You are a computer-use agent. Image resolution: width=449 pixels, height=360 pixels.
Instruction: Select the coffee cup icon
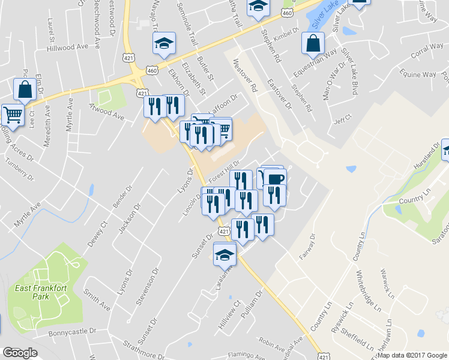[275, 179]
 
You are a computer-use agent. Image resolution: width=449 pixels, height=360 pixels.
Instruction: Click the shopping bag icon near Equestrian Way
[313, 43]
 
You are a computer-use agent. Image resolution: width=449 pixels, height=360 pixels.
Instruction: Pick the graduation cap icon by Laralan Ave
[224, 254]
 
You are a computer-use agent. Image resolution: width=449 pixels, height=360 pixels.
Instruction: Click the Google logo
[20, 352]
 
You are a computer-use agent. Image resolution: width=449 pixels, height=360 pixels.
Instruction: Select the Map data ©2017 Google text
[412, 355]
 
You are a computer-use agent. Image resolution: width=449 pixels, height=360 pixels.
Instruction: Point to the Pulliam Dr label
[252, 305]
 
